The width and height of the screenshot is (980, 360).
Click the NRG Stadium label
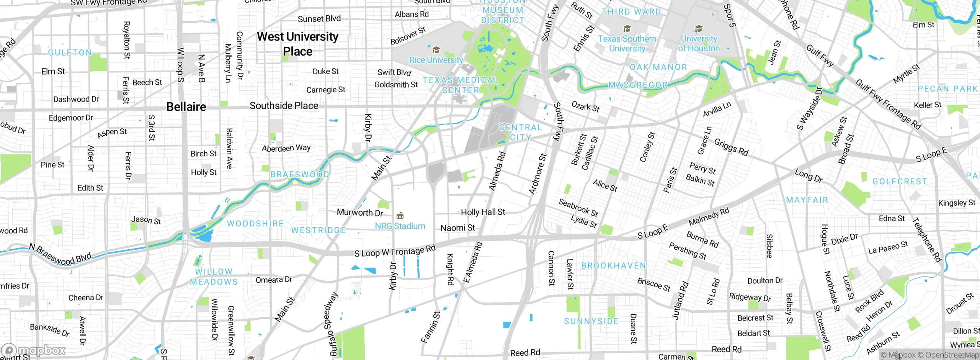[x=400, y=226]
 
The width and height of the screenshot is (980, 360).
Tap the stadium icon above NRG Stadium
[x=400, y=216]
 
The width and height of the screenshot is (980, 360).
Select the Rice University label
[x=436, y=60]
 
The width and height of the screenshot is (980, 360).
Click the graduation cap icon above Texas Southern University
[x=627, y=28]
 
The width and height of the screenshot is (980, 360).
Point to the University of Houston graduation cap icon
[x=699, y=28]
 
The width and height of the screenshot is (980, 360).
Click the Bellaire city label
[x=186, y=107]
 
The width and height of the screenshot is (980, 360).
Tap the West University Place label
[x=297, y=44]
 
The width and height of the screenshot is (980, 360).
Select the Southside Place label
[x=284, y=106]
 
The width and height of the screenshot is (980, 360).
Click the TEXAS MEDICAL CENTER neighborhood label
[x=461, y=85]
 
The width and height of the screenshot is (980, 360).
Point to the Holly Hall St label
[x=483, y=212]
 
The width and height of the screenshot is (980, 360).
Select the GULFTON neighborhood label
[x=70, y=52]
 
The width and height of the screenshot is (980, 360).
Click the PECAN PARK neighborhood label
[x=947, y=89]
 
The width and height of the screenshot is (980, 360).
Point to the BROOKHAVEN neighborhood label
[x=613, y=265]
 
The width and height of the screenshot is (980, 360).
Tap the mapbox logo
[x=34, y=350]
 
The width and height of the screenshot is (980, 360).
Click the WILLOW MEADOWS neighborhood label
[x=214, y=277]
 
